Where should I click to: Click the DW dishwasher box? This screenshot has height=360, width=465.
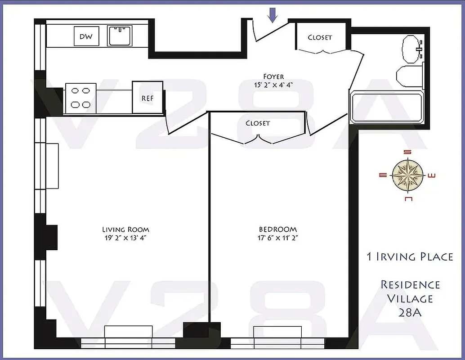(x=86, y=36)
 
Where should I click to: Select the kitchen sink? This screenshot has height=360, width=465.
(x=119, y=36)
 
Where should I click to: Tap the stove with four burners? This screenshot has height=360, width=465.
(x=80, y=98)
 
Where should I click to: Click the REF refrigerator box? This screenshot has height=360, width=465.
(x=148, y=97)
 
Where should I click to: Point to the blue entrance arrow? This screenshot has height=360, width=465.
(x=273, y=16)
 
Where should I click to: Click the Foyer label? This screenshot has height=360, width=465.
(x=273, y=76)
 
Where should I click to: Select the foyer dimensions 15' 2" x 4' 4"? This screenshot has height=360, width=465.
(x=273, y=85)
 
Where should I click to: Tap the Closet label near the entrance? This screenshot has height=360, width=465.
(x=320, y=37)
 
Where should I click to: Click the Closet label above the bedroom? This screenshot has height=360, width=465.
(x=258, y=123)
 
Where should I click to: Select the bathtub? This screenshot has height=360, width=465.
(x=387, y=107)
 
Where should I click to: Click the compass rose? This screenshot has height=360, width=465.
(x=408, y=175)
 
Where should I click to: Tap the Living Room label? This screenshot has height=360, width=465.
(x=125, y=229)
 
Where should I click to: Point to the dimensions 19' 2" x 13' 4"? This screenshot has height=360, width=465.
(x=125, y=238)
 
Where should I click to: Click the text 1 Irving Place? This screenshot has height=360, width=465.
(x=410, y=257)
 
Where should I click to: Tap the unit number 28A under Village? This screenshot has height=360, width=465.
(x=410, y=312)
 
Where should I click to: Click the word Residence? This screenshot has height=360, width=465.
(x=410, y=285)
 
